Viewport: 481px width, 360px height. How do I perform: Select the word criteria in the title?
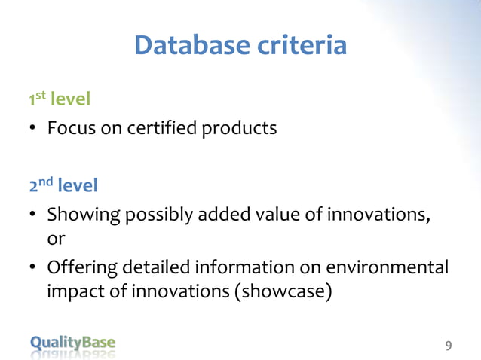tap(303, 46)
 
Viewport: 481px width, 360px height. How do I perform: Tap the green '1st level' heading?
tap(60, 99)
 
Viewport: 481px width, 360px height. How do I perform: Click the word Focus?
tap(72, 128)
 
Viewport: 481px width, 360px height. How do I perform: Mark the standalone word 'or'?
tap(56, 239)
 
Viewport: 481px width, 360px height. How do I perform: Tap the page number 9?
tap(449, 346)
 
